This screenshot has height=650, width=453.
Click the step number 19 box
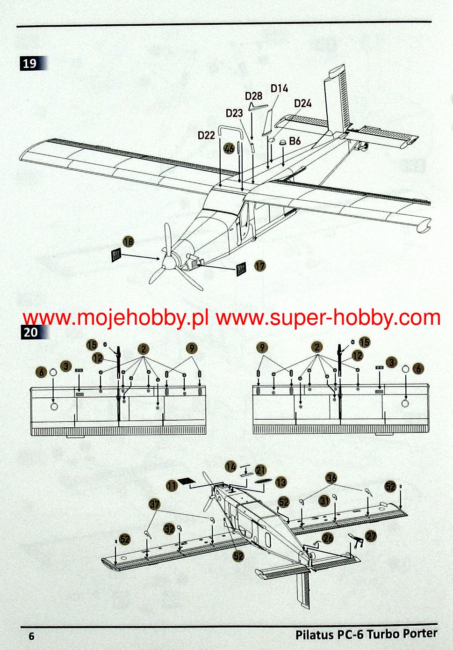tap(30, 63)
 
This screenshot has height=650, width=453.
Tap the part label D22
tap(206, 135)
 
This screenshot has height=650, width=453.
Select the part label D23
tap(234, 113)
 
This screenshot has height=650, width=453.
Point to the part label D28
tap(254, 96)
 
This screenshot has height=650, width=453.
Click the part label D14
tap(279, 88)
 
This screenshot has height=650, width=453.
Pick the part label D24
tap(302, 103)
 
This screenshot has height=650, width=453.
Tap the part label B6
tap(295, 141)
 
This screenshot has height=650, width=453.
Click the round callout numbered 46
tap(229, 149)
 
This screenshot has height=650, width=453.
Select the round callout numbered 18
tap(128, 241)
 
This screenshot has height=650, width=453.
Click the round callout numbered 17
tap(260, 266)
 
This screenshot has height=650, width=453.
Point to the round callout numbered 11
tap(172, 486)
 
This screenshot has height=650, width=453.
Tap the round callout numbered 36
tap(331, 478)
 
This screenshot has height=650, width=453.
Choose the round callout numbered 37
tap(154, 504)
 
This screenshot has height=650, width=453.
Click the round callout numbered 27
tap(371, 536)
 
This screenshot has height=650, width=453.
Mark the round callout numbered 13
tap(281, 482)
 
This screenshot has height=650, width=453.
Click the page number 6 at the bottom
tap(31, 636)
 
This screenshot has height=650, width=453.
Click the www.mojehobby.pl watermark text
tap(115, 318)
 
